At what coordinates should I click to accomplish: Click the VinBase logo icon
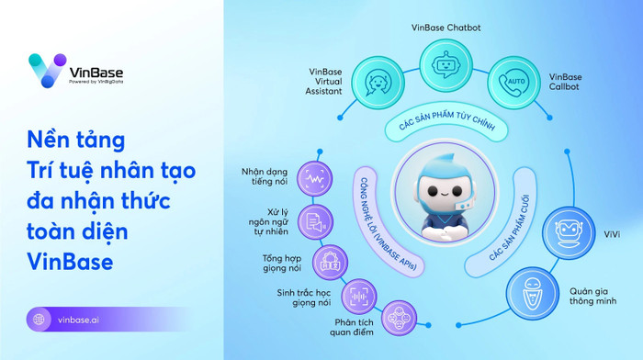[46, 71]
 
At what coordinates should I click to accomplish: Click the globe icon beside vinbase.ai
[39, 320]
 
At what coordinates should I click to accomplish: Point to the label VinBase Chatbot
[446, 28]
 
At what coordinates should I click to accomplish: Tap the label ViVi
[611, 233]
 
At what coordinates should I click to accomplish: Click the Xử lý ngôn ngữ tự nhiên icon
[312, 220]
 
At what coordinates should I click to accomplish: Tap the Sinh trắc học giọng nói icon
[358, 296]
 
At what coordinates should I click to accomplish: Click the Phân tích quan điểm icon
[398, 318]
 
